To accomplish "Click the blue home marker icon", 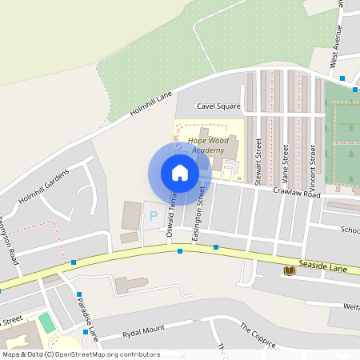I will pos(180,172).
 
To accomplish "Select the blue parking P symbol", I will pos(153,215).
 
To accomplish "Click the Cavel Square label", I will pos(218,106).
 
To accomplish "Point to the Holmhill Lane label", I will pos(152,106).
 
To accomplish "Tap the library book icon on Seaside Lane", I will pos(289,271).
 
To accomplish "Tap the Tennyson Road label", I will pos(9,240).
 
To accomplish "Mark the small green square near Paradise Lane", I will pos(48,323).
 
